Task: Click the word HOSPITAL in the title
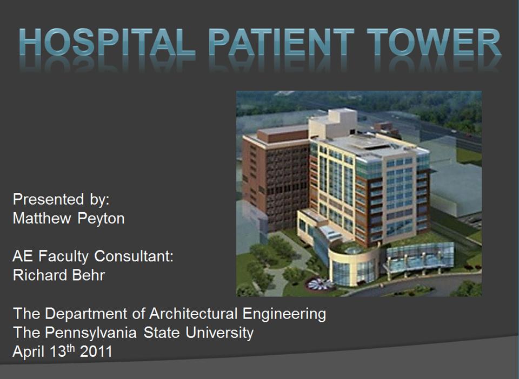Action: pos(107,42)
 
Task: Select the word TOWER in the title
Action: pos(434,42)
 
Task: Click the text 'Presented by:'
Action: pos(61,199)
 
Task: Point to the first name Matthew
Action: pos(42,218)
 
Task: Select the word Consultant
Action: pos(134,256)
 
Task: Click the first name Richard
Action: pos(39,275)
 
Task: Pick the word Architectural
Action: pos(194,314)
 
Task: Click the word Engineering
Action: pos(284,314)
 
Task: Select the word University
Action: pos(219,333)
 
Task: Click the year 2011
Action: pos(96,351)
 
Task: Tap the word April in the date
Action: pos(28,352)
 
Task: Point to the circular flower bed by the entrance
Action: pos(320,285)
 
